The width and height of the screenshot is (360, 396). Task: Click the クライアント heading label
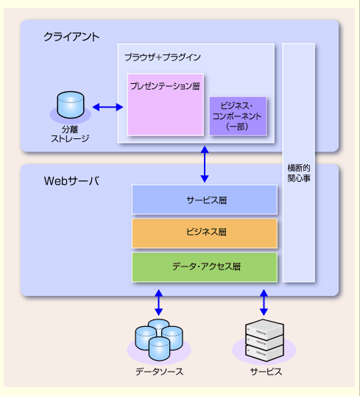pyautogui.click(x=71, y=37)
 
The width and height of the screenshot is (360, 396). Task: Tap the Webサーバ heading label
pyautogui.click(x=71, y=181)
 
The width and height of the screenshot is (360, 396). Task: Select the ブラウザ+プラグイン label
pyautogui.click(x=163, y=57)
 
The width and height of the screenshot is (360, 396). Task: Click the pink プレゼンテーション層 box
pyautogui.click(x=166, y=105)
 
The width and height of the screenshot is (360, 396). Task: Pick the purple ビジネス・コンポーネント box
pyautogui.click(x=238, y=116)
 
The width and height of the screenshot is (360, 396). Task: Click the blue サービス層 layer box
pyautogui.click(x=205, y=199)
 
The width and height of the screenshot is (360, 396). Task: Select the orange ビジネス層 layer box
pyautogui.click(x=205, y=233)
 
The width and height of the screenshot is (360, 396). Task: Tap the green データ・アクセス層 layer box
pyautogui.click(x=205, y=267)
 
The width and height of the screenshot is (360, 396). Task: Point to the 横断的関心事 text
pyautogui.click(x=299, y=173)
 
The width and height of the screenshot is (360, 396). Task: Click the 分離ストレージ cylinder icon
pyautogui.click(x=71, y=105)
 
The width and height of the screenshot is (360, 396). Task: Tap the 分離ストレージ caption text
pyautogui.click(x=70, y=134)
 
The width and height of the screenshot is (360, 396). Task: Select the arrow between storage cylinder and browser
pyautogui.click(x=107, y=107)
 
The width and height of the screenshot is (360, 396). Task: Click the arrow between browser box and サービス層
pyautogui.click(x=205, y=164)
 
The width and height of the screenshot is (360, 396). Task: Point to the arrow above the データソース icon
pyautogui.click(x=159, y=303)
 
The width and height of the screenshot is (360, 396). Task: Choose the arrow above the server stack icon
pyautogui.click(x=264, y=303)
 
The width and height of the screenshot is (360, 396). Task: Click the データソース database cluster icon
pyautogui.click(x=159, y=339)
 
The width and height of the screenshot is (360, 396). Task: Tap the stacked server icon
pyautogui.click(x=264, y=340)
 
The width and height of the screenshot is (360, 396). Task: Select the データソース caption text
pyautogui.click(x=159, y=372)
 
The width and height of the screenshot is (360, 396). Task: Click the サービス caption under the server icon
pyautogui.click(x=266, y=372)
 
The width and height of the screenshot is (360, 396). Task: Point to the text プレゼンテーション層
pyautogui.click(x=165, y=86)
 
